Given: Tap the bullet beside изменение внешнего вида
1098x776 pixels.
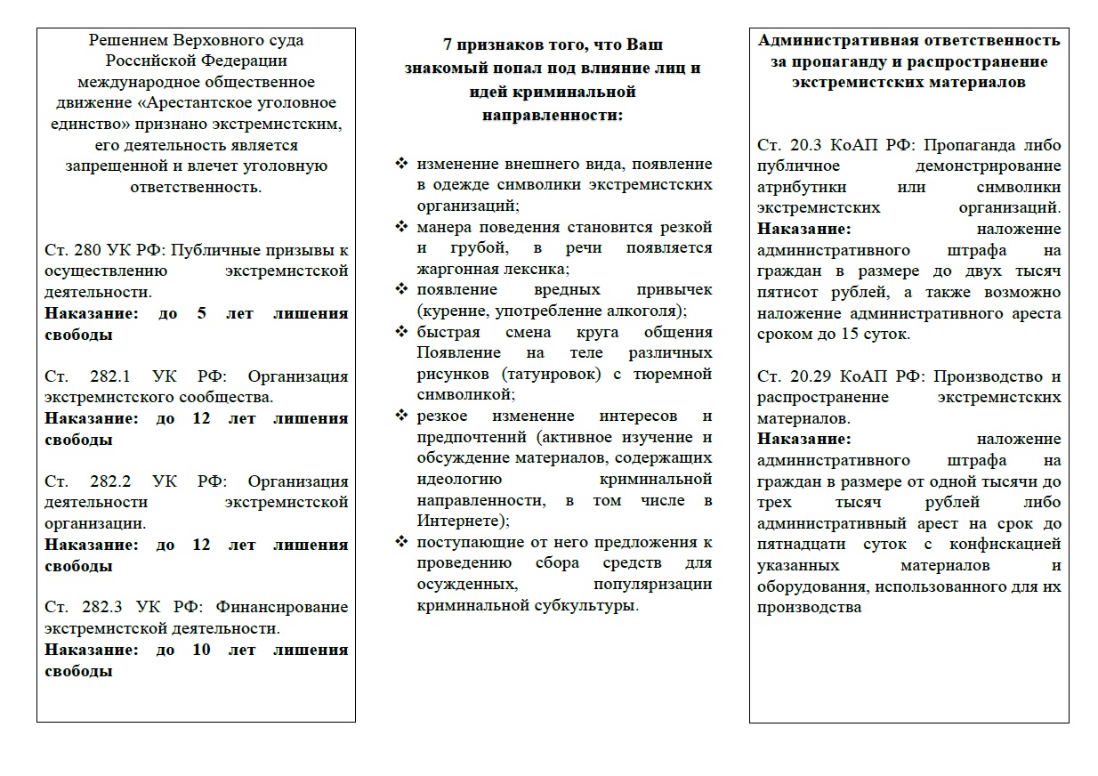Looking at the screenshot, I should (x=401, y=164).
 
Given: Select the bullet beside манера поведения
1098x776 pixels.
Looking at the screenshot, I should (x=401, y=227).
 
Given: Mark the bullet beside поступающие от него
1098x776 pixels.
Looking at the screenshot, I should (x=401, y=542).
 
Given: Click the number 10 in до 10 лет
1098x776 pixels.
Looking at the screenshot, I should (x=202, y=650).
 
